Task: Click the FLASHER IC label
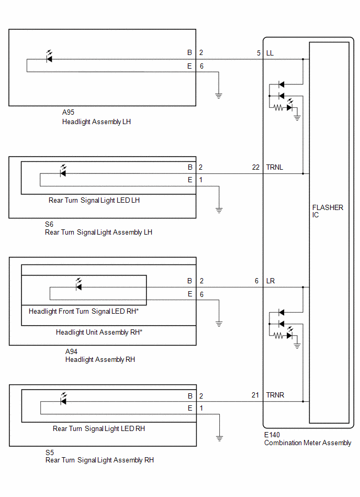pos(328,211)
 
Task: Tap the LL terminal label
pos(270,53)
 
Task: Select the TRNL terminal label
pos(275,167)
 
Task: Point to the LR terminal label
pos(271,281)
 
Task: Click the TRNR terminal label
pos(275,395)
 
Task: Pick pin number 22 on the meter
pos(256,167)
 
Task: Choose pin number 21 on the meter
pos(255,395)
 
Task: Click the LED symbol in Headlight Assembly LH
pos(49,57)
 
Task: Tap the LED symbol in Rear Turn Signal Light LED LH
pos(63,171)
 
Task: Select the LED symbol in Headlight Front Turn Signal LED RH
pos(78,284)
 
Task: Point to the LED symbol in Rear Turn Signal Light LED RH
pos(63,399)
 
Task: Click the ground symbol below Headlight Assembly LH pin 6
pos(219,96)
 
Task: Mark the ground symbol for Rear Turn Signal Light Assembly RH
pos(219,439)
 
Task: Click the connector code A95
pos(68,112)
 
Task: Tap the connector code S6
pos(49,225)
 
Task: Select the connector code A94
pos(71,351)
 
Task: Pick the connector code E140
pos(272,435)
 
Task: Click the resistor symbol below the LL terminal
pos(278,108)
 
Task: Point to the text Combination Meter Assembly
pos(308,443)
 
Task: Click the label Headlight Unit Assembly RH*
pos(99,332)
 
